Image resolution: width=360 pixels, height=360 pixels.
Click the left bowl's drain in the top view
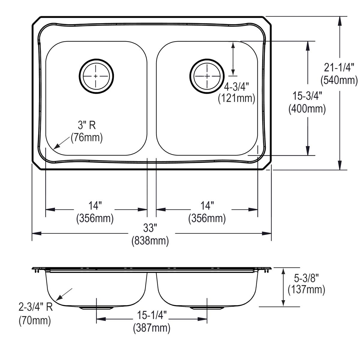[96, 76]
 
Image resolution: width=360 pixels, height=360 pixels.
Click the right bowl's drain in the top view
[207, 76]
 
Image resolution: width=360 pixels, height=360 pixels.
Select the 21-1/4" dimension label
[339, 67]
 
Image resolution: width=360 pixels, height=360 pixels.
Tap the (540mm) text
[339, 80]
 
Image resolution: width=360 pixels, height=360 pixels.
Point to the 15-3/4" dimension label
[307, 96]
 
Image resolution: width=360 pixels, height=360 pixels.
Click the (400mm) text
[307, 109]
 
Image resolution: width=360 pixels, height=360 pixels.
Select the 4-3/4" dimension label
[237, 87]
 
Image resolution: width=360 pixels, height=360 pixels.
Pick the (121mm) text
[237, 98]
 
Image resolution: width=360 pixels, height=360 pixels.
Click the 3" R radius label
[87, 125]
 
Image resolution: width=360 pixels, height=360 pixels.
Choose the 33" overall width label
[150, 228]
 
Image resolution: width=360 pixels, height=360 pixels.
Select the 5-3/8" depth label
[306, 278]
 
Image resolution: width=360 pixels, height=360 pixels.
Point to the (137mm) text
[306, 290]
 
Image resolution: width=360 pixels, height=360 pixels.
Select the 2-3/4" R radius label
[35, 308]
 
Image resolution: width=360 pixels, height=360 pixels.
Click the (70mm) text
[35, 321]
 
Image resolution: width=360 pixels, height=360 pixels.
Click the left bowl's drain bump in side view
[96, 308]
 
